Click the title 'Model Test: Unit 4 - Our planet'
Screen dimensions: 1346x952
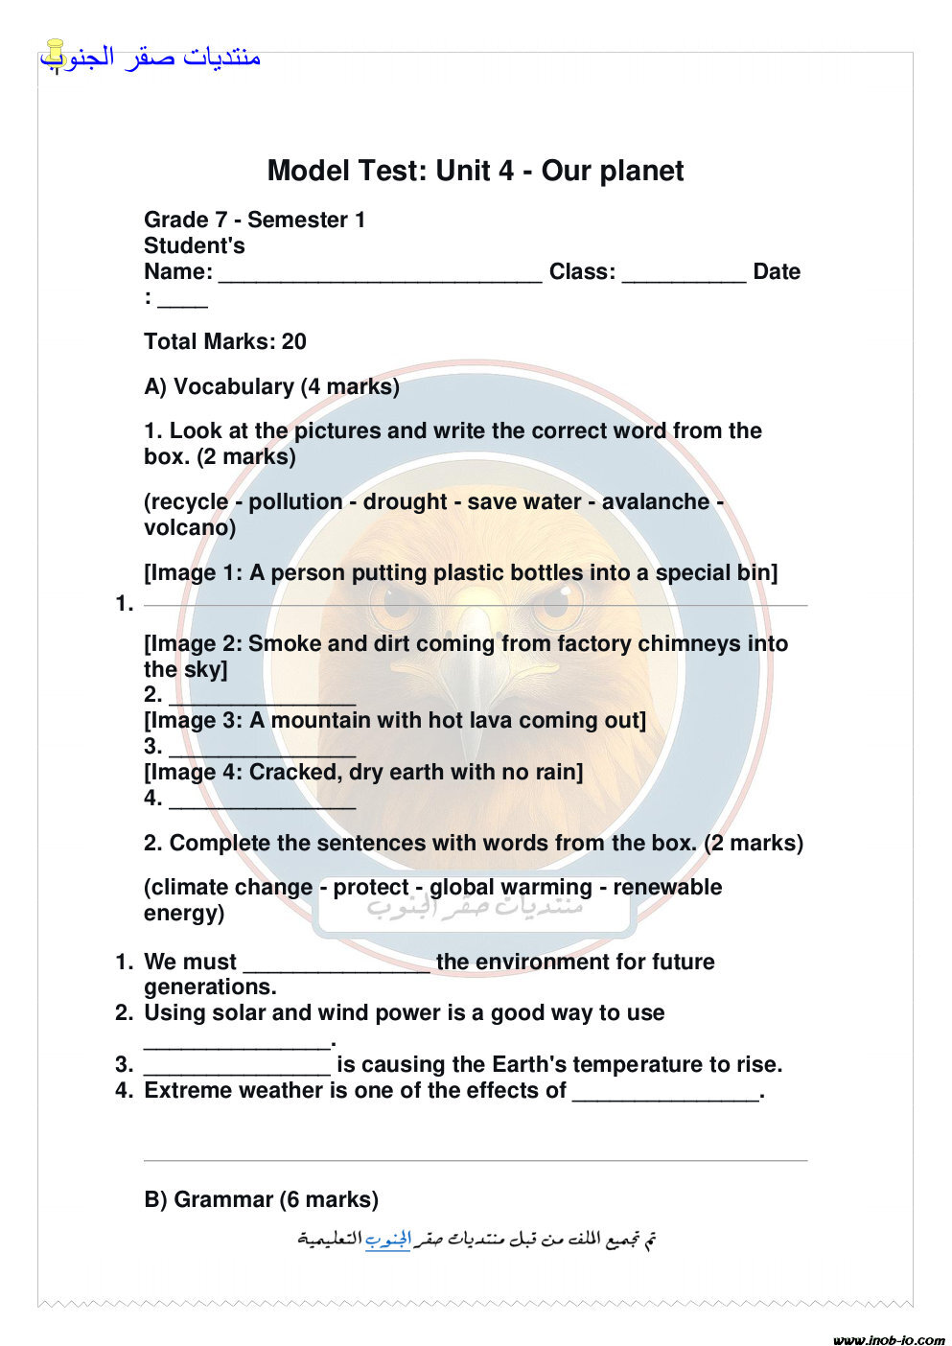tap(476, 171)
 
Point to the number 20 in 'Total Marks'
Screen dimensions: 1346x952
tap(294, 342)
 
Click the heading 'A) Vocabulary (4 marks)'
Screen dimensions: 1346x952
tap(271, 386)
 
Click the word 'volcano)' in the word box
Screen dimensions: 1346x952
tap(190, 527)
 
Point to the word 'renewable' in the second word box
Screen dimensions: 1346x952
tap(667, 887)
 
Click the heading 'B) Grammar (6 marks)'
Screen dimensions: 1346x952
tap(261, 1199)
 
